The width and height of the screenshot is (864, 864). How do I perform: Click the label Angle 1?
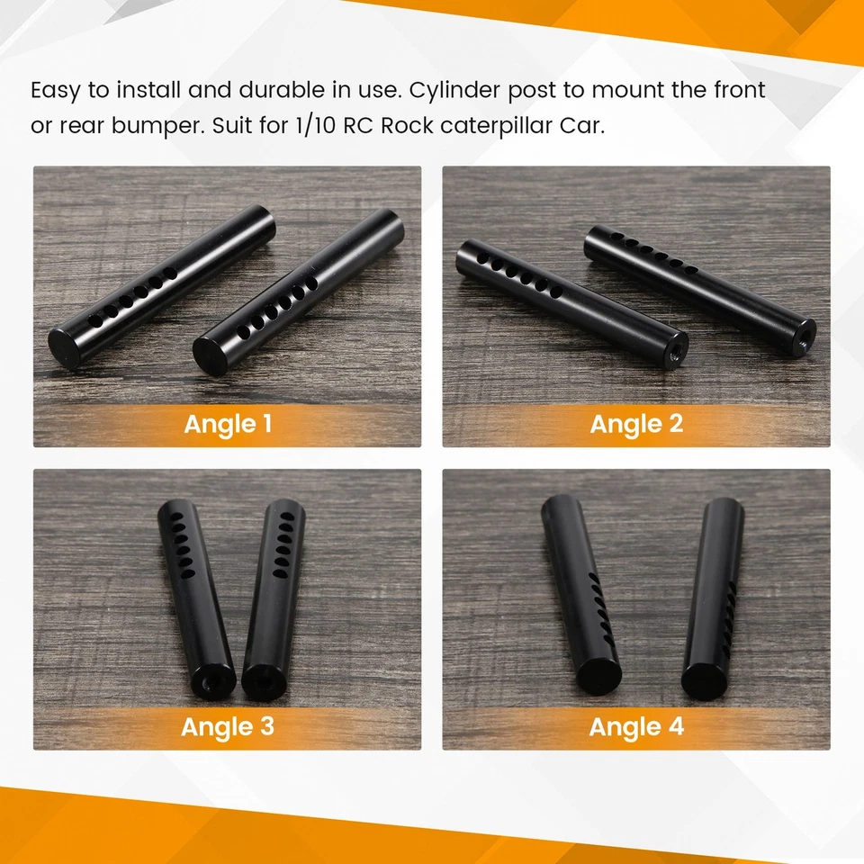click(x=227, y=424)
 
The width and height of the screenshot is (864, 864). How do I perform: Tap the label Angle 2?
click(x=636, y=424)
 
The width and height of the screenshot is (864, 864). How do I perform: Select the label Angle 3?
click(x=227, y=726)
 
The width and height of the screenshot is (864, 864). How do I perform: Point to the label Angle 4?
click(x=636, y=726)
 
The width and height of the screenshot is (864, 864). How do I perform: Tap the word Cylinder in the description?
click(x=449, y=91)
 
